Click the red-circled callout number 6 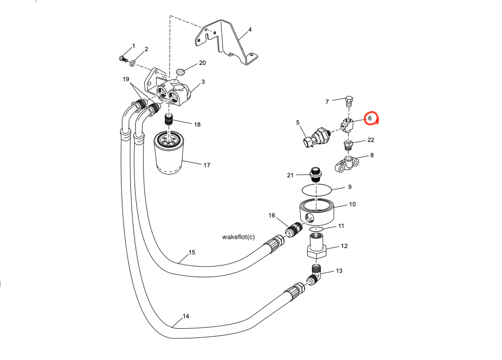click(x=370, y=118)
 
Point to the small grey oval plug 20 click(x=179, y=71)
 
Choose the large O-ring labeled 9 click(x=316, y=188)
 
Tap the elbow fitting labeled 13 click(x=316, y=274)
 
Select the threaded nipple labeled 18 click(x=169, y=121)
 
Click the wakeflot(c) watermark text click(x=238, y=237)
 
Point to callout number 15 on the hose click(x=192, y=252)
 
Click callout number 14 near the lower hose click(x=185, y=316)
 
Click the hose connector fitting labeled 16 click(x=293, y=231)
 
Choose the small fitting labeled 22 click(x=348, y=145)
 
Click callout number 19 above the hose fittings click(x=126, y=79)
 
